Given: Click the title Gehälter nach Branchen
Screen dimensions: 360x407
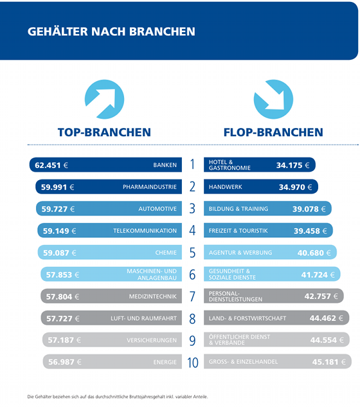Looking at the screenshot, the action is point(111,32).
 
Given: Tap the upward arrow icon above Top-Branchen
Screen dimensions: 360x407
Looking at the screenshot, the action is point(104,99).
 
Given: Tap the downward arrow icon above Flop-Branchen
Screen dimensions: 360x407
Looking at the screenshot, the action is point(273,99).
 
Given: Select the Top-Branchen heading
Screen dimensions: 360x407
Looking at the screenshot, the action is point(104,132).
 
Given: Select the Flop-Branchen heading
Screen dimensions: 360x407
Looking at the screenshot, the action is point(273,132).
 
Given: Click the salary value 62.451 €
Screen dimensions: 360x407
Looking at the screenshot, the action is point(51,165).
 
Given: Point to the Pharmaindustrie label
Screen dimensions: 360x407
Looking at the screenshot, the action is point(150,187).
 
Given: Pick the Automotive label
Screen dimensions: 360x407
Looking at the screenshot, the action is point(157,209).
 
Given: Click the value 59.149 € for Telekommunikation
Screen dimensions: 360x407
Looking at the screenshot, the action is point(59,231).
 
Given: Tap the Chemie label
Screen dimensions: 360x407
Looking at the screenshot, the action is point(166,253).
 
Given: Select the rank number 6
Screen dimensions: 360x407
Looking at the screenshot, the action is point(192,275).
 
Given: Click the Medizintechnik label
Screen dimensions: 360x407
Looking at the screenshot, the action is point(153,296).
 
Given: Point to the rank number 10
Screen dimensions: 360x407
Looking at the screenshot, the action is point(193,363).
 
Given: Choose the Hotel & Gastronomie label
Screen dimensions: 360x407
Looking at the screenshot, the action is point(230,165).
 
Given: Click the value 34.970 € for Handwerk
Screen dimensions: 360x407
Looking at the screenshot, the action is point(295,187).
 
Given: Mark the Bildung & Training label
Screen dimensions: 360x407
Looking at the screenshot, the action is point(239,209).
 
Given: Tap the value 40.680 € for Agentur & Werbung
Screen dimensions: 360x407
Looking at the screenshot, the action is point(314,253).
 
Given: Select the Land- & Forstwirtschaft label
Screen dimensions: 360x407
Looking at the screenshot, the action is point(248,318).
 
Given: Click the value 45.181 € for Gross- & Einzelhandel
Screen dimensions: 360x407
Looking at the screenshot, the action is point(329,362).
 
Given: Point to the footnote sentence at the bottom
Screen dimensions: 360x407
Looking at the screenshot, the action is point(118,397).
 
